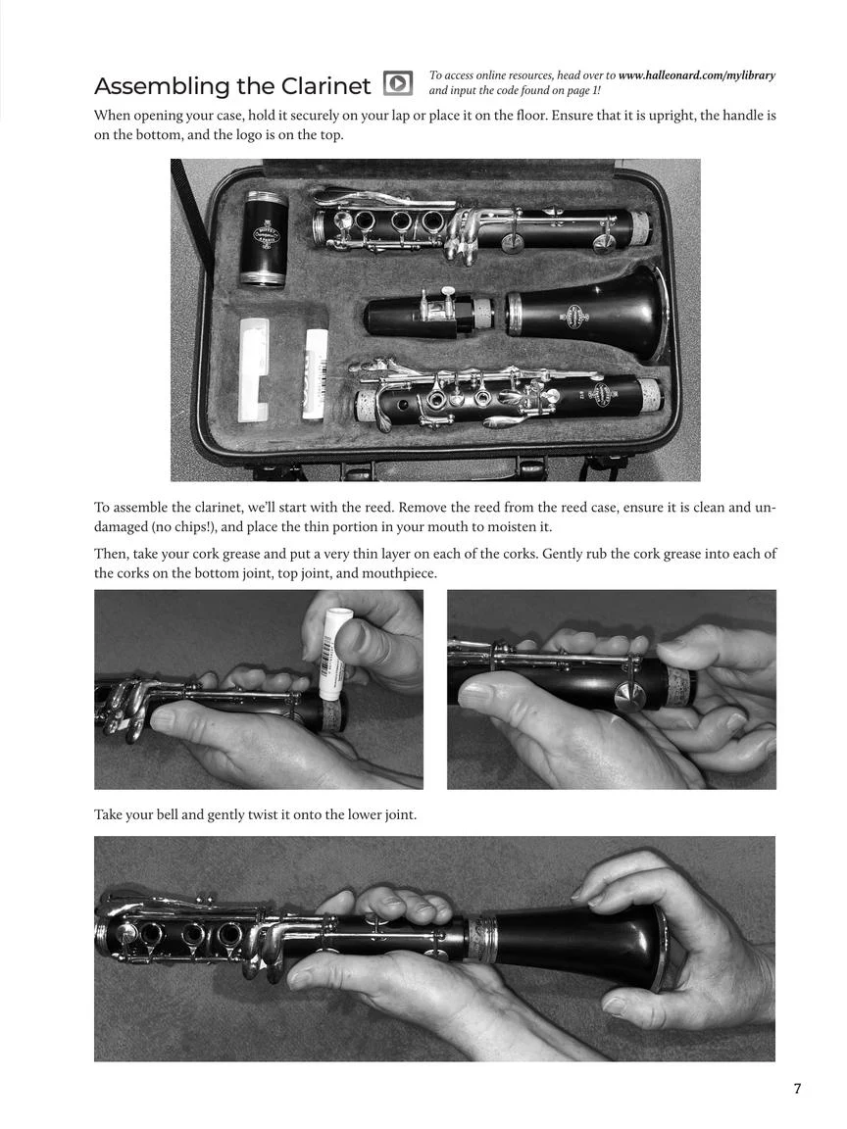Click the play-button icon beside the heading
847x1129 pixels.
point(397,83)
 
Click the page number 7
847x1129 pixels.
point(797,1089)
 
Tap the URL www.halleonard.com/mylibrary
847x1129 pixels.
point(696,75)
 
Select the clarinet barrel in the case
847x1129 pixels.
point(264,238)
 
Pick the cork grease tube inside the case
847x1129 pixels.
point(315,373)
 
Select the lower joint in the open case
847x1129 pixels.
point(507,401)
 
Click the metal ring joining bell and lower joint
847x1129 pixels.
point(481,940)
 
